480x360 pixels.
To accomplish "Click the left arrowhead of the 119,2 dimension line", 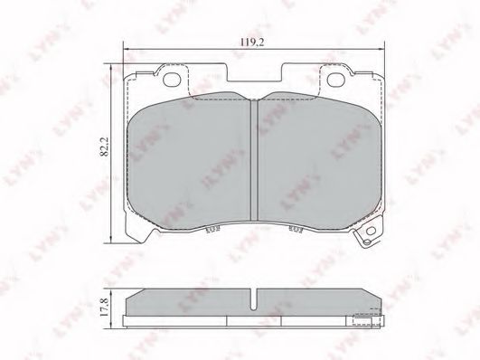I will tap(125, 51).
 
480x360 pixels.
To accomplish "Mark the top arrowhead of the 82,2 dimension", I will tap(109, 66).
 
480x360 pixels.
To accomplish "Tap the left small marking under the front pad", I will tap(211, 232).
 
